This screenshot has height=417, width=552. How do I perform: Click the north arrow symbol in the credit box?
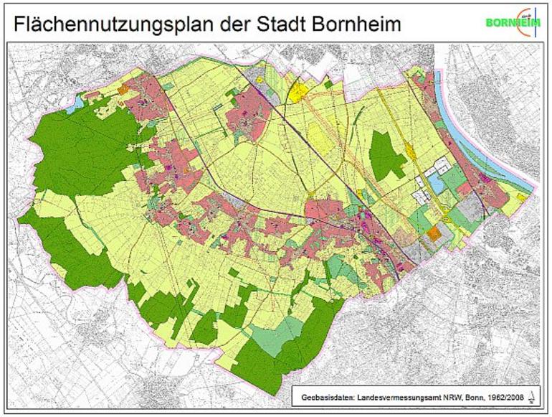tap(530, 395)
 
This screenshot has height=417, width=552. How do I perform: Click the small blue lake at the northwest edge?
tap(75, 105)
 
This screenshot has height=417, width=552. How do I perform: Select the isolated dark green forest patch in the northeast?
tap(387, 154)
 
